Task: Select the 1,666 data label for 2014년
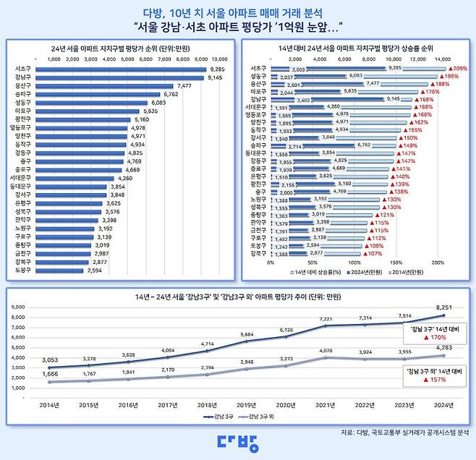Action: (x=49, y=372)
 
